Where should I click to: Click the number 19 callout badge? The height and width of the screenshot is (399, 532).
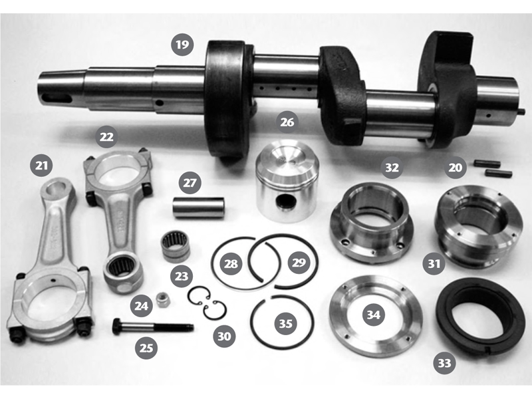[182, 45]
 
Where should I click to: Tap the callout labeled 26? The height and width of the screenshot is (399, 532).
[287, 122]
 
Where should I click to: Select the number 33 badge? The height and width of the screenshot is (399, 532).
[444, 363]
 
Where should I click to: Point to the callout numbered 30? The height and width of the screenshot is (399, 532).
[224, 336]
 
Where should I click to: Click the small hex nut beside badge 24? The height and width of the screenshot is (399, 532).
[162, 300]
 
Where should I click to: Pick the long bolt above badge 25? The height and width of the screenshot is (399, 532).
[153, 326]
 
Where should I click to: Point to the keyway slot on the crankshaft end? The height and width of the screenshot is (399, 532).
[57, 98]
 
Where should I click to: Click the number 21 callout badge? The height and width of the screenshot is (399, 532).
[41, 166]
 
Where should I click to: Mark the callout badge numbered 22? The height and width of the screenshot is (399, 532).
[106, 137]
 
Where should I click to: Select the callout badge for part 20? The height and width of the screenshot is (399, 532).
[456, 168]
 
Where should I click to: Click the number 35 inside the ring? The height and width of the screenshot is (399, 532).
[285, 323]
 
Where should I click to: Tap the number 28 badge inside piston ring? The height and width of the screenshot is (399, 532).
[231, 263]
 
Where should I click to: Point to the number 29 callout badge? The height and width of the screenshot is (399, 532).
[299, 262]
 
